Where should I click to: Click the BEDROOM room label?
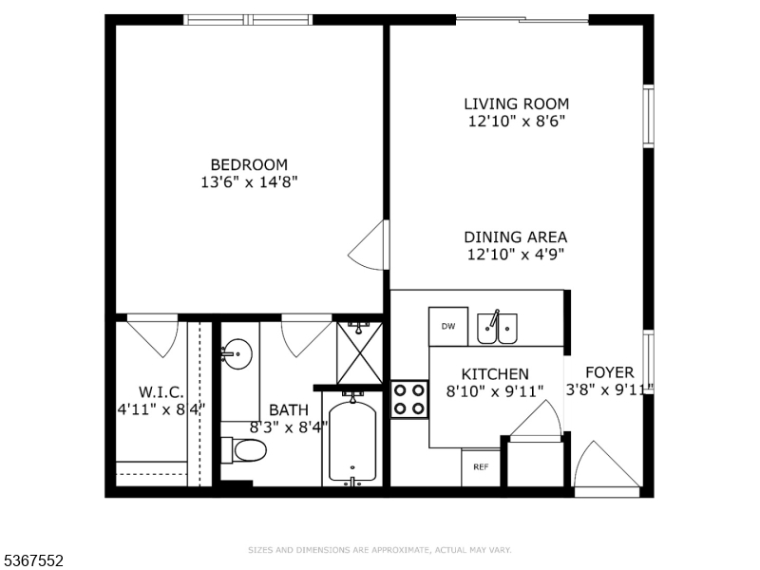coord(249,164)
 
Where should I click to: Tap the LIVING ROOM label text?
coord(516,104)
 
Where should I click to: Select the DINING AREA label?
coord(515,237)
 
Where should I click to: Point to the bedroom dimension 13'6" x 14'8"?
coord(249,182)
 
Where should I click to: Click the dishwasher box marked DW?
coord(448,326)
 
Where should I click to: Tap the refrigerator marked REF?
coord(481,467)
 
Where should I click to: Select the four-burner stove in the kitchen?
coord(409,399)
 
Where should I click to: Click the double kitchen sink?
coord(497,328)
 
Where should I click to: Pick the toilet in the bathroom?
coord(244,450)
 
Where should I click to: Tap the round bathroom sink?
coord(237,353)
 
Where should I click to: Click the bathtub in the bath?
coord(352,441)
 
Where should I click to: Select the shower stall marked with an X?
coord(360,352)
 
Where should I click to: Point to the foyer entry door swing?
coord(607,465)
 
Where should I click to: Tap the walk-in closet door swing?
coord(153,336)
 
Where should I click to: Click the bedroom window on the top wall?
coord(248,20)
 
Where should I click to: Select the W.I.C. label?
coord(161,391)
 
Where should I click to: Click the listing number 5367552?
coord(32,560)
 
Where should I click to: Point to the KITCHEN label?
coord(495,374)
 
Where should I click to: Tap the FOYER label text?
coord(610,372)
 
